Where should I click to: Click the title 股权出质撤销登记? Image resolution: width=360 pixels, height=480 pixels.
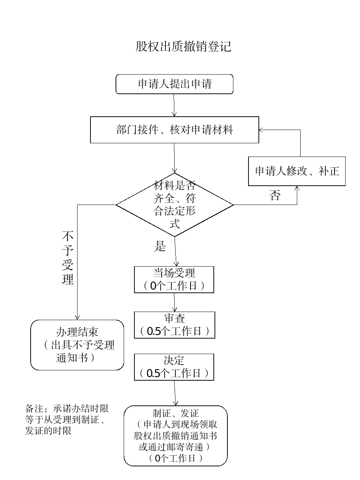pyautogui.click(x=183, y=47)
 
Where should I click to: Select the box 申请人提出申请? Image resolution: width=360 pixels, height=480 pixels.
pyautogui.click(x=174, y=84)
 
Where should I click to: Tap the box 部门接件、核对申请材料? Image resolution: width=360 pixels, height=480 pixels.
pyautogui.click(x=174, y=130)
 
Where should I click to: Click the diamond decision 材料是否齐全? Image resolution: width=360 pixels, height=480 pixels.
pyautogui.click(x=174, y=205)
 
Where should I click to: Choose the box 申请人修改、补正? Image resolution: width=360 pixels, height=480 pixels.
pyautogui.click(x=297, y=171)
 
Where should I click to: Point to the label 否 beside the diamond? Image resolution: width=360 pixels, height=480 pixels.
pyautogui.click(x=275, y=195)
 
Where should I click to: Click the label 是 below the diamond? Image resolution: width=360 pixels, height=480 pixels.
pyautogui.click(x=160, y=246)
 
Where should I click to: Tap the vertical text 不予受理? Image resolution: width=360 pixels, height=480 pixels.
pyautogui.click(x=68, y=258)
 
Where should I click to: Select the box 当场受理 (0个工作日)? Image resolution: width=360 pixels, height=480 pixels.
pyautogui.click(x=174, y=280)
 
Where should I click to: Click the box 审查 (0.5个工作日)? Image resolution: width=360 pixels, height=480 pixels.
pyautogui.click(x=174, y=325)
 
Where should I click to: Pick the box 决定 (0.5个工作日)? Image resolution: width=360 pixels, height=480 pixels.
pyautogui.click(x=174, y=367)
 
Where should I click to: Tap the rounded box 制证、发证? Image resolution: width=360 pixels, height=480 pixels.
pyautogui.click(x=175, y=436)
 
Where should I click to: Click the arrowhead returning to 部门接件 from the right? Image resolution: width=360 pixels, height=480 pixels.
pyautogui.click(x=261, y=130)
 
